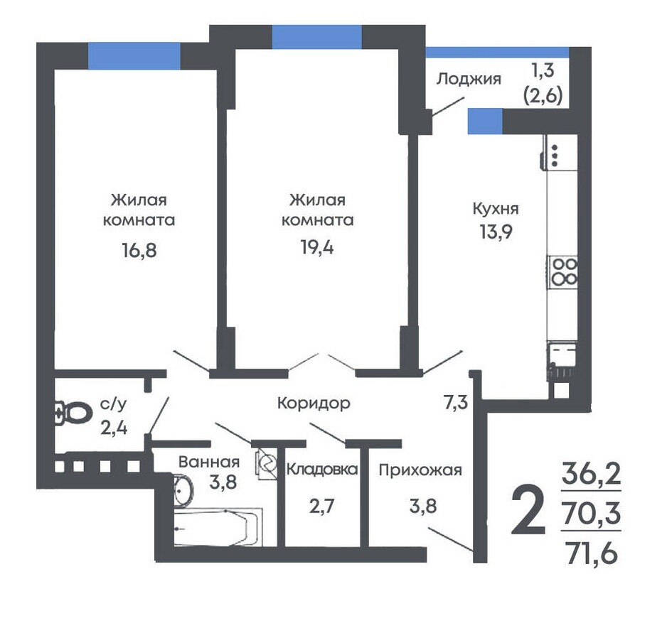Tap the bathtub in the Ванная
[218, 527]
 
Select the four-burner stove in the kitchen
[562, 272]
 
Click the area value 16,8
[139, 251]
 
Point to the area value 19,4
[317, 247]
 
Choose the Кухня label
[496, 209]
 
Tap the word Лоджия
[469, 79]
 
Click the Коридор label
[314, 403]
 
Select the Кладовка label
[322, 470]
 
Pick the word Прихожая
[420, 470]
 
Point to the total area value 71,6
[592, 554]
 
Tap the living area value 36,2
[592, 475]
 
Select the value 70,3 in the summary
[592, 514]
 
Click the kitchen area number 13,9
[496, 232]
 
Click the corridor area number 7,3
[456, 403]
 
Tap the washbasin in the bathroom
[183, 491]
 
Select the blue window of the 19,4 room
[317, 37]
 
